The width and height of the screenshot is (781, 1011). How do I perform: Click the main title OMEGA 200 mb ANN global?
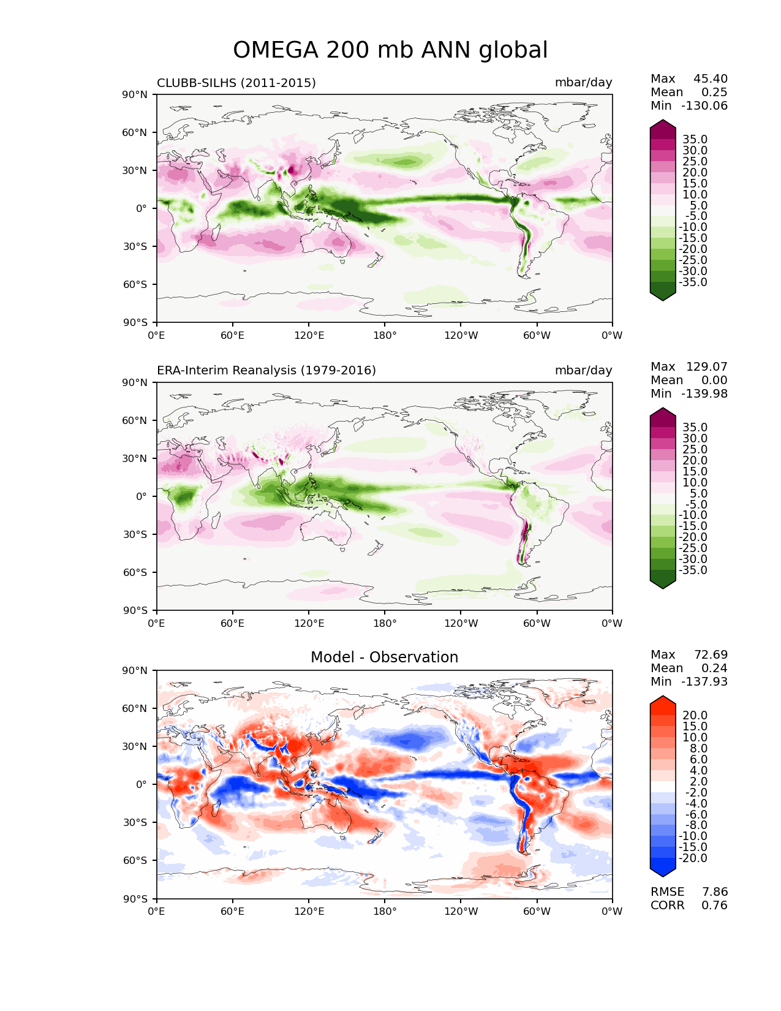(x=390, y=50)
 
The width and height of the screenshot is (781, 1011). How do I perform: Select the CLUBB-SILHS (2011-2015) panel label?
(x=236, y=83)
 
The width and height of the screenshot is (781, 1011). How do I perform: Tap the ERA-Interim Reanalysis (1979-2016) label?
(x=266, y=370)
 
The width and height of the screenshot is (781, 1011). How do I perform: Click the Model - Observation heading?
(x=384, y=657)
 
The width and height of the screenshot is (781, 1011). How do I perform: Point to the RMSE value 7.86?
(x=714, y=892)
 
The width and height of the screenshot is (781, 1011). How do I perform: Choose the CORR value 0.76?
(x=714, y=906)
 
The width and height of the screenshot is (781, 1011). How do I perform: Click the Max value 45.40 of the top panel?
(x=711, y=78)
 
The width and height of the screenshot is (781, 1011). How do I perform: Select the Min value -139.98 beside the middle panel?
(x=704, y=393)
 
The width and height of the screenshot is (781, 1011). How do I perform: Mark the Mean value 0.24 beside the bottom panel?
(x=714, y=668)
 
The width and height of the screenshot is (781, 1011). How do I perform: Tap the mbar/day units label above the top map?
(x=583, y=83)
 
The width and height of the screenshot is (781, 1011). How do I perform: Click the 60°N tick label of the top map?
(x=134, y=132)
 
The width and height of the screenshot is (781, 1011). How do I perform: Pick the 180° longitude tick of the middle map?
(x=385, y=623)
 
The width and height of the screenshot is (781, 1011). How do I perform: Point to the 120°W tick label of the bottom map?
(x=461, y=912)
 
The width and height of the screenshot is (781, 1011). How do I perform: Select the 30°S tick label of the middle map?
(x=135, y=534)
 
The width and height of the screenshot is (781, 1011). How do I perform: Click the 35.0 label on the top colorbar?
(x=695, y=139)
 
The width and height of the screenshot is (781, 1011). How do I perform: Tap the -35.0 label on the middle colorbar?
(x=693, y=570)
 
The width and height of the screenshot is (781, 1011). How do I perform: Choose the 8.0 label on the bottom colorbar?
(x=698, y=748)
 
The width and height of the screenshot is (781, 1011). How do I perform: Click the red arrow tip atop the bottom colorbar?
(x=662, y=696)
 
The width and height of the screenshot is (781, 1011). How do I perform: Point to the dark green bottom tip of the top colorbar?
(x=662, y=300)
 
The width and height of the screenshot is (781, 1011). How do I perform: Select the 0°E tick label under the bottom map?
(x=156, y=912)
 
